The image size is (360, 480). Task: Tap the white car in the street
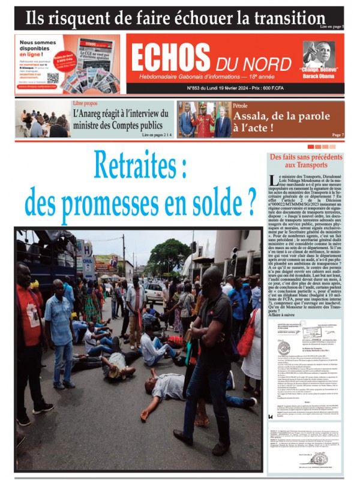click(x=154, y=293)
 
